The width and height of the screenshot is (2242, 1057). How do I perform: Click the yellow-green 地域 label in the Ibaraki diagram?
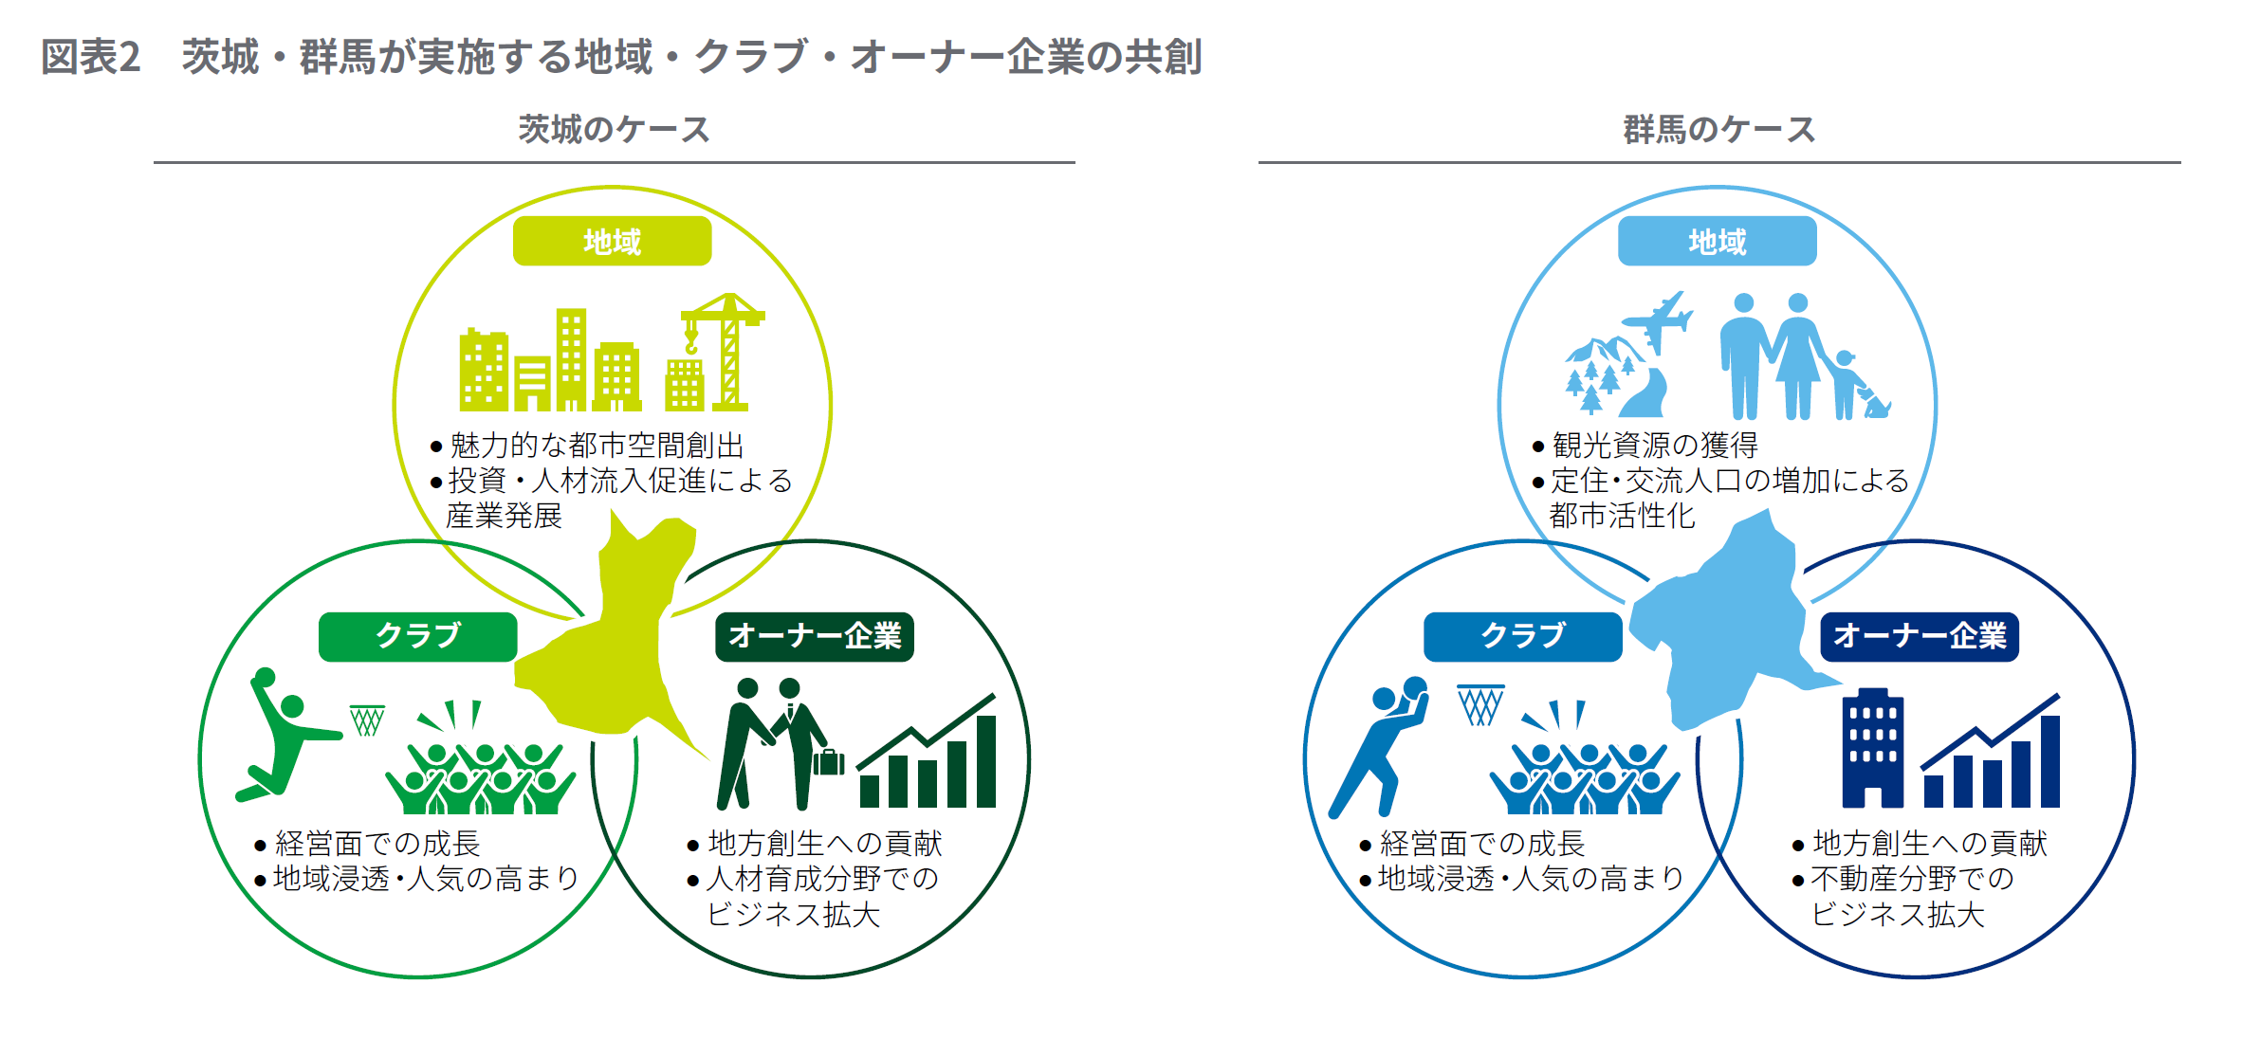[612, 241]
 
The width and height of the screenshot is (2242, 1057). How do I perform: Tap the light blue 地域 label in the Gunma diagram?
[1717, 241]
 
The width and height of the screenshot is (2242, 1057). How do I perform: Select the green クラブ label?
[417, 636]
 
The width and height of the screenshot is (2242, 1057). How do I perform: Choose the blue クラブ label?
[1522, 636]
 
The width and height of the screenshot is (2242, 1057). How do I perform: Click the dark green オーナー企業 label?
[814, 636]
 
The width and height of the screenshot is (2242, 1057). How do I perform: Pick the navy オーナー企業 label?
[1920, 636]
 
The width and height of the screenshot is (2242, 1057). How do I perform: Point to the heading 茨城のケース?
[614, 129]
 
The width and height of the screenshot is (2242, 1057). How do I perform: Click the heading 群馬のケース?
[1718, 129]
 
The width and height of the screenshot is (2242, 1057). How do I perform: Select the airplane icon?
[1657, 320]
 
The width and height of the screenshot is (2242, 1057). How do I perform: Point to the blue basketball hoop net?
[1480, 704]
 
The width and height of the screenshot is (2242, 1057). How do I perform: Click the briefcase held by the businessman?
[828, 761]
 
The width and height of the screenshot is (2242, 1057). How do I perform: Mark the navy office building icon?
[1872, 748]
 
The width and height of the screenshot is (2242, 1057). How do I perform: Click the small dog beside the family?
[1875, 402]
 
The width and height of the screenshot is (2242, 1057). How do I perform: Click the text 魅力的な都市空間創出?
[597, 445]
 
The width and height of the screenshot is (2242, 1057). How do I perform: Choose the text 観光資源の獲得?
[1655, 445]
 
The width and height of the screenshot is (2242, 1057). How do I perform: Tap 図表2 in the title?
[91, 57]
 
